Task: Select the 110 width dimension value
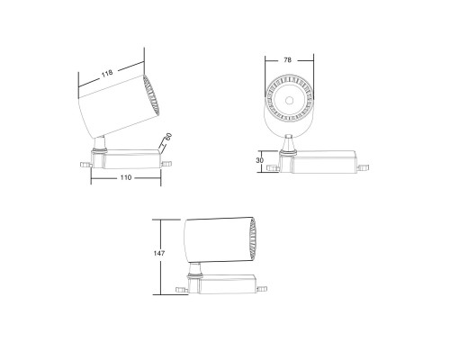click(x=125, y=178)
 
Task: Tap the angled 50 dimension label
click(x=167, y=139)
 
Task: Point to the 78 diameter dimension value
click(x=287, y=59)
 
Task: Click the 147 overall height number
click(x=158, y=256)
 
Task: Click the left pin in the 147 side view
click(x=181, y=288)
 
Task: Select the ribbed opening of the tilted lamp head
click(x=149, y=98)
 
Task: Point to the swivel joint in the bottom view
click(x=193, y=269)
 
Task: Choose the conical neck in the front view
click(x=288, y=143)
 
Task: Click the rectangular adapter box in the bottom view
click(x=225, y=282)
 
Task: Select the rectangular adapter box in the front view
click(x=324, y=161)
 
